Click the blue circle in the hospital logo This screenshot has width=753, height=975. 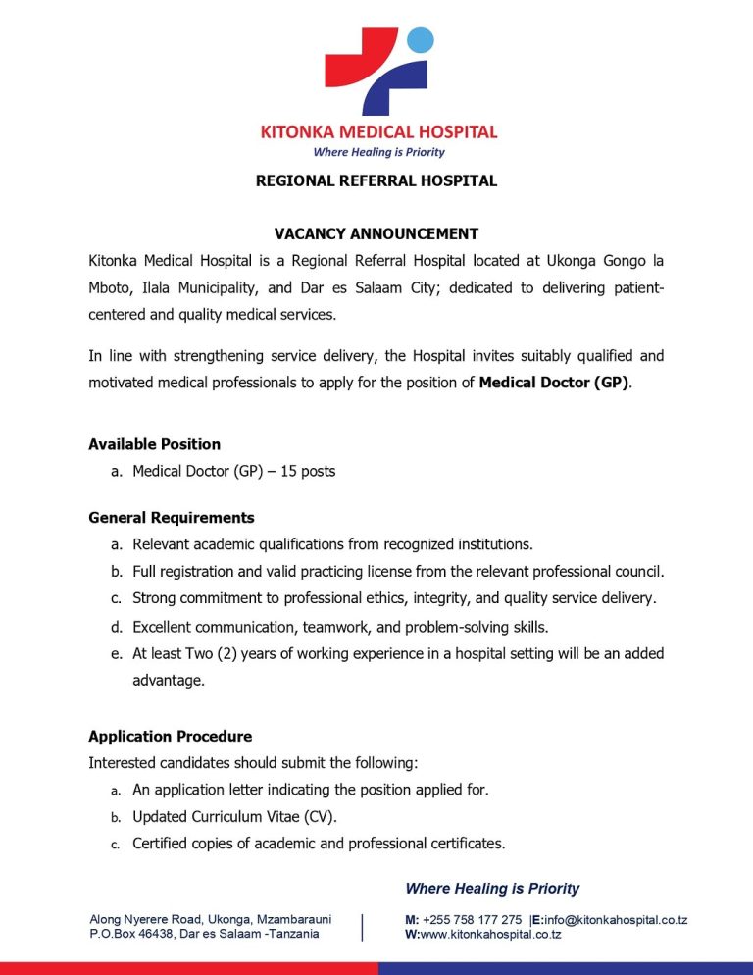coord(421,40)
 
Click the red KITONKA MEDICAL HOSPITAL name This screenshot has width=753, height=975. coord(377,131)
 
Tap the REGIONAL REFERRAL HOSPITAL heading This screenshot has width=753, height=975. coord(376,180)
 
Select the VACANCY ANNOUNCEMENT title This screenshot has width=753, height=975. coord(376,233)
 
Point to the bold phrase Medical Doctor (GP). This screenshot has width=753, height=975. coord(554,382)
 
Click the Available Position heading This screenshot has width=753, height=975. coord(154,444)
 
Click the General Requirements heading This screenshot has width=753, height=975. coord(171,517)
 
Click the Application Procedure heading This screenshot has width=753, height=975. coord(170,736)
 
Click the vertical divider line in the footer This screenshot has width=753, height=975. coord(364,927)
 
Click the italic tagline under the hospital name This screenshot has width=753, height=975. coord(377,152)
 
